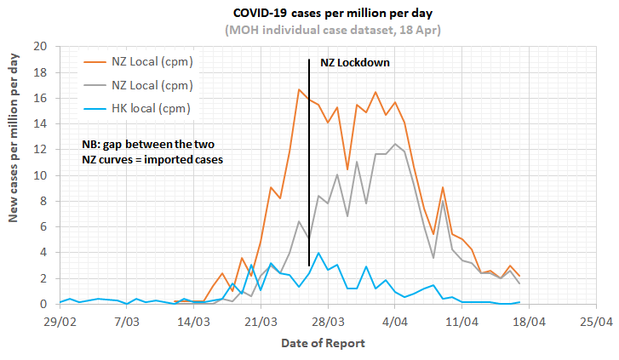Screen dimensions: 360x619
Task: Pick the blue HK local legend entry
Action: [149, 108]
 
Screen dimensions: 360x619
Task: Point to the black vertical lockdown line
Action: [308, 170]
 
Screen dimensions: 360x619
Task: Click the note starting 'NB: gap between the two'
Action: [145, 151]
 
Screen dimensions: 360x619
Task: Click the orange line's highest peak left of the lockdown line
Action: [299, 89]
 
